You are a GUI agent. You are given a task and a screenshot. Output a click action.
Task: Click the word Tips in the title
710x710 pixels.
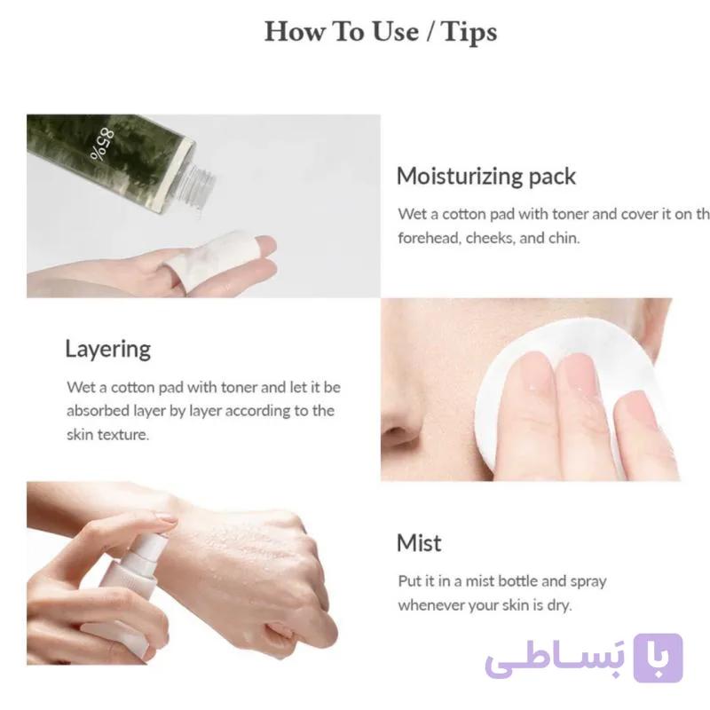point(469,32)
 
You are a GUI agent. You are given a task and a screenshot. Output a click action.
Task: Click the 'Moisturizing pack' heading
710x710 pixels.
point(485,176)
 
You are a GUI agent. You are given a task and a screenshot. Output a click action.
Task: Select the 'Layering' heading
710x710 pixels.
point(107,350)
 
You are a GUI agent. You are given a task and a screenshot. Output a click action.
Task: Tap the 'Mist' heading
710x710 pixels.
point(419,543)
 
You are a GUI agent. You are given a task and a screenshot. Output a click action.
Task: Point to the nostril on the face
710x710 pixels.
point(397,432)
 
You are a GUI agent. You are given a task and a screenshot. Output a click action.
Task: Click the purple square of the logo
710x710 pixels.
point(658,658)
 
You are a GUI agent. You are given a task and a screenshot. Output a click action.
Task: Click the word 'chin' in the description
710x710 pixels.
point(564,238)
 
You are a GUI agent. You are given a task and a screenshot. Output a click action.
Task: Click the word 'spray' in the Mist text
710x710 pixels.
point(588,582)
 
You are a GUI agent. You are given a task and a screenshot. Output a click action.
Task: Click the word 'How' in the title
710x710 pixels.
point(295,32)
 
